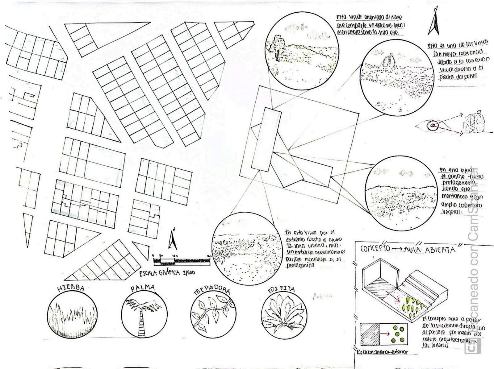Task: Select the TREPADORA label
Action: pyautogui.click(x=211, y=291)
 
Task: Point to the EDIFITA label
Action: pyautogui.click(x=281, y=290)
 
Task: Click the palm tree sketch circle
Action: pyautogui.click(x=143, y=314)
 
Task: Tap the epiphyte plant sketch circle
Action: pyautogui.click(x=283, y=315)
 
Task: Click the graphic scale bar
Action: pyautogui.click(x=182, y=261)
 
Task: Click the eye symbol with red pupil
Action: pyautogui.click(x=431, y=125)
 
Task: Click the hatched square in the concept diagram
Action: pyautogui.click(x=370, y=334)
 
